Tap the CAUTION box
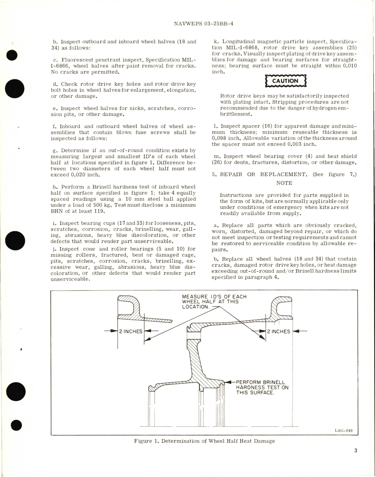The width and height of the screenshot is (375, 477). point(285,81)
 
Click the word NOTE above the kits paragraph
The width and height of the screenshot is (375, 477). point(284,183)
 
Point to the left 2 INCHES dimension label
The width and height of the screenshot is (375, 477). point(131,331)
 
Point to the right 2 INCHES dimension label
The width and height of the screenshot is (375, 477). point(279,331)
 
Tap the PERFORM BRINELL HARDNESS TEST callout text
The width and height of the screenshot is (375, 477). point(262,387)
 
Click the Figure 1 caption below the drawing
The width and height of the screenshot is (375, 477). point(204,441)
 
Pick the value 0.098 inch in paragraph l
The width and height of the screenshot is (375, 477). point(227,138)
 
